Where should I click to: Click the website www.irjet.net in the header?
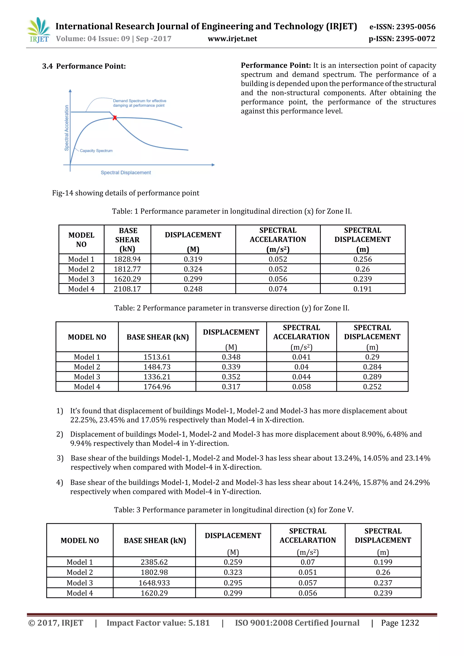[232, 39]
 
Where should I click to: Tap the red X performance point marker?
[115, 118]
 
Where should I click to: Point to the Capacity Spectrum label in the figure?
[96, 151]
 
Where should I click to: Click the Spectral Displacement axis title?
[126, 173]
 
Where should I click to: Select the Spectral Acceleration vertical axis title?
[67, 128]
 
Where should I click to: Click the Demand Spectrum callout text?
[139, 103]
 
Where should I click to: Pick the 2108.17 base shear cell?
[127, 289]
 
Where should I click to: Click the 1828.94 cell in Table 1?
[127, 259]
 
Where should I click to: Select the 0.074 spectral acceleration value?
[278, 289]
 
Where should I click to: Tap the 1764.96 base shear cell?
[157, 387]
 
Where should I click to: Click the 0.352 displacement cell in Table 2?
[231, 377]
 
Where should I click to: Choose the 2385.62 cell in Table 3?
[154, 562]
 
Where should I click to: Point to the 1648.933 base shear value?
[154, 583]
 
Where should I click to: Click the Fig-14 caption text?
[126, 193]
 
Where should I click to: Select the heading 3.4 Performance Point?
[84, 66]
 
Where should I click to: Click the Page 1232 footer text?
[400, 623]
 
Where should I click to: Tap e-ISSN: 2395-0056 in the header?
[402, 27]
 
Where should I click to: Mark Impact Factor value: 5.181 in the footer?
[158, 623]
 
